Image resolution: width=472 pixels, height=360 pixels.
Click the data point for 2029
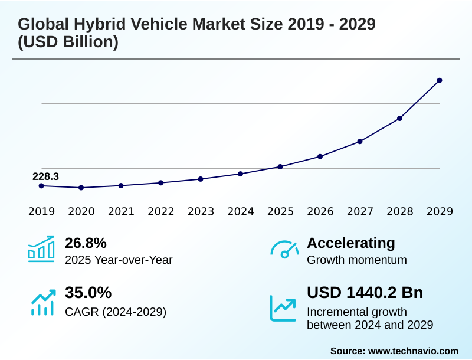(440, 80)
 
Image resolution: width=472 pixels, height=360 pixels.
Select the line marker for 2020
(81, 188)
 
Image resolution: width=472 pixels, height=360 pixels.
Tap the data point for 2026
(320, 156)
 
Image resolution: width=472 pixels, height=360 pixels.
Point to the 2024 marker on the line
(241, 174)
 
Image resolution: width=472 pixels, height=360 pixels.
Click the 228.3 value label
(45, 176)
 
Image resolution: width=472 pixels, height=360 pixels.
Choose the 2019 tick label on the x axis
(41, 211)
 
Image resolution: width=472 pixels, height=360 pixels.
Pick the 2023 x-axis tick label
(201, 211)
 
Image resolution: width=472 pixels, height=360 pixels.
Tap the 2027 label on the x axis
(360, 211)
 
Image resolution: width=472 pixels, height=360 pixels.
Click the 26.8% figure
(86, 243)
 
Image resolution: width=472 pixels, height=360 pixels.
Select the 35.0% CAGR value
(88, 293)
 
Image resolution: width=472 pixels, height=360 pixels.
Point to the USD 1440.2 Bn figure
(365, 293)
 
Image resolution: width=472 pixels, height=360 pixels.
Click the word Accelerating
(351, 243)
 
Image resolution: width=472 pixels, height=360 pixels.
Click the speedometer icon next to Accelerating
(284, 249)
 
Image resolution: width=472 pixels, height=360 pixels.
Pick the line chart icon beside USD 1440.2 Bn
(283, 307)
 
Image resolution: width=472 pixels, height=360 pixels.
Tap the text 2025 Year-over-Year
(119, 260)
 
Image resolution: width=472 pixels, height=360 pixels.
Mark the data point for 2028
(399, 119)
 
